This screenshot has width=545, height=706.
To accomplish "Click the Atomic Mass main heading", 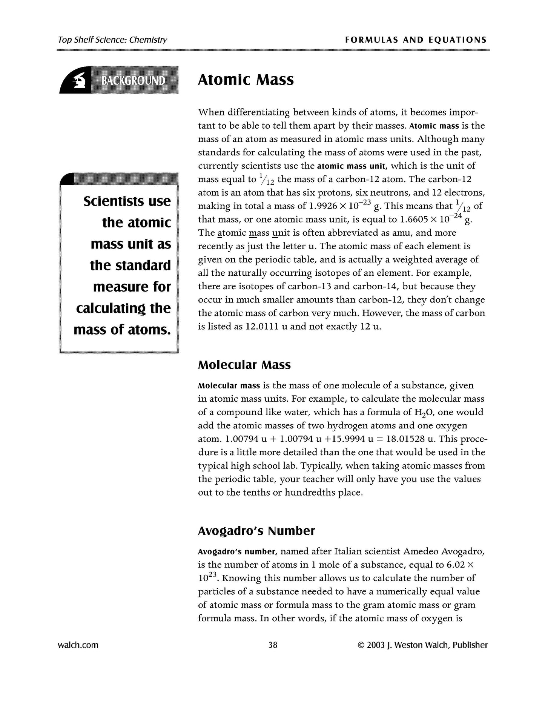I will tap(246, 80).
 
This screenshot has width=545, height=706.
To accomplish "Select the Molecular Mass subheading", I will tap(244, 365).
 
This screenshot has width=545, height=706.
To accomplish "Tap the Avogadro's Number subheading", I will tap(256, 531).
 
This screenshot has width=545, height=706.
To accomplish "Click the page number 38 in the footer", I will tap(273, 645).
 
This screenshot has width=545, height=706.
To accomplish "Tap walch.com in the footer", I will tap(78, 645).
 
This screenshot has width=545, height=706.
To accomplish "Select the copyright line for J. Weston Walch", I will tap(422, 645).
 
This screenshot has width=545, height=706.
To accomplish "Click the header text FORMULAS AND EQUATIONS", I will tap(416, 40).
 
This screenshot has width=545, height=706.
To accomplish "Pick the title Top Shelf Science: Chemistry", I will tap(112, 40).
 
